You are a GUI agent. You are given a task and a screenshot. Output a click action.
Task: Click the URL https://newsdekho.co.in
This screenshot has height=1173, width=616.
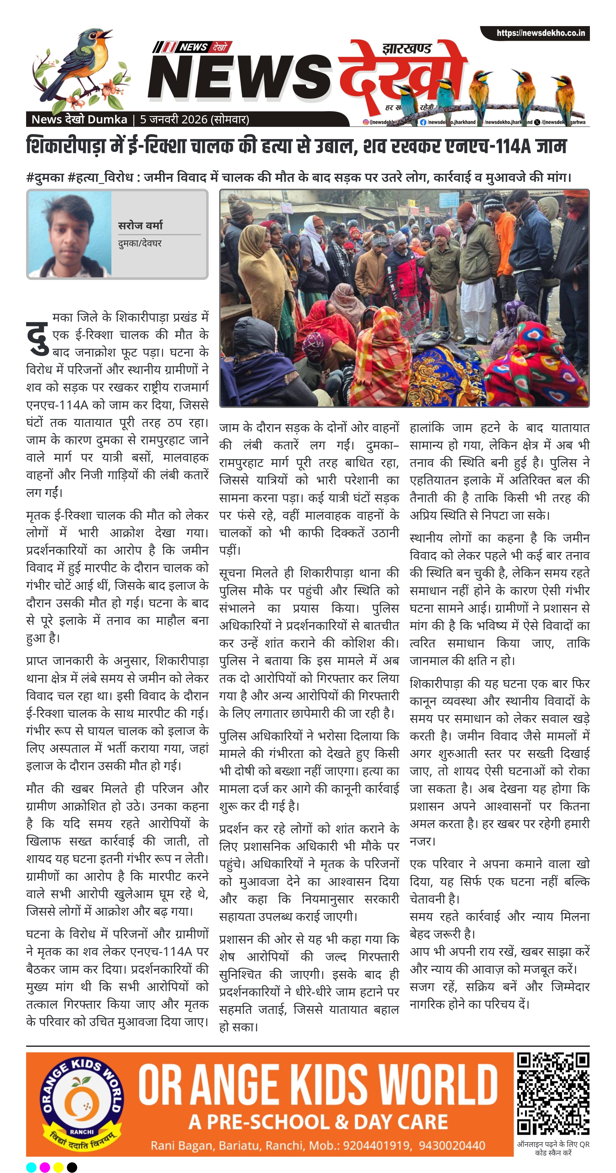click(540, 33)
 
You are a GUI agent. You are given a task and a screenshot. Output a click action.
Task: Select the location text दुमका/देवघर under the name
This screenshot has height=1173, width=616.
click(139, 243)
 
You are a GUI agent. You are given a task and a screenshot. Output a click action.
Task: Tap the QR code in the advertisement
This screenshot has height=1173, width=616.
click(553, 1093)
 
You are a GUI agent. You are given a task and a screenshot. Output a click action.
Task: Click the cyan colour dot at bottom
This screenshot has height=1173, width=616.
click(31, 1167)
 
